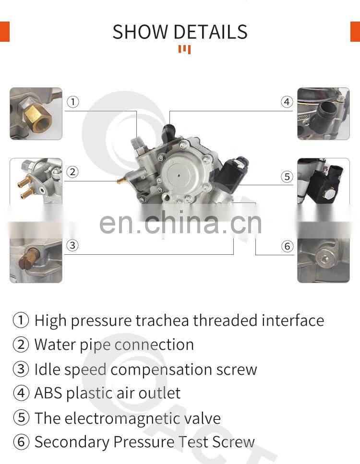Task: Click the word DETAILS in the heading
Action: click(211, 32)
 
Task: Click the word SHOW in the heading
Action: click(140, 32)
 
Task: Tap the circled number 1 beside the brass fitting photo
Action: click(73, 102)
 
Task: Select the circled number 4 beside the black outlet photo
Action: click(287, 102)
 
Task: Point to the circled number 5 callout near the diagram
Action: click(287, 177)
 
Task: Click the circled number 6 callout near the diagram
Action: click(287, 246)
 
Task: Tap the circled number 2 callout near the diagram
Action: click(72, 172)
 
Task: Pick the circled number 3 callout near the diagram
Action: click(72, 245)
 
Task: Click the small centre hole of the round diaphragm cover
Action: click(179, 175)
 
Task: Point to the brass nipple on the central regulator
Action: click(121, 180)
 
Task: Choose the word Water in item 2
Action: click(55, 345)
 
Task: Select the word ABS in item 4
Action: click(48, 393)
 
